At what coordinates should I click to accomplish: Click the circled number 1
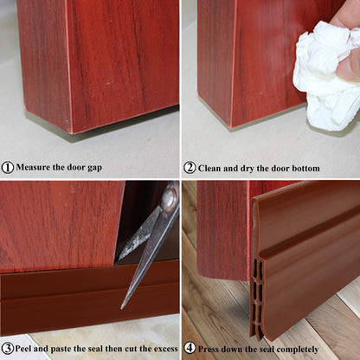(x=8, y=168)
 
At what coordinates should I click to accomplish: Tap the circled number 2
(x=190, y=168)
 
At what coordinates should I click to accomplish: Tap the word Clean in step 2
(x=213, y=168)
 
